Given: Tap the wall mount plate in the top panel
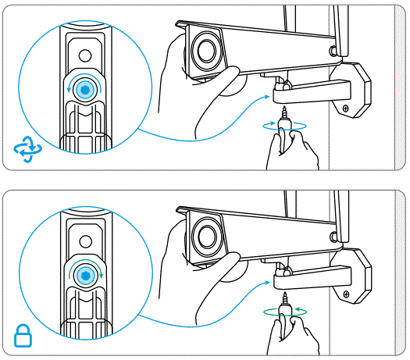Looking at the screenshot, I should [x=355, y=90].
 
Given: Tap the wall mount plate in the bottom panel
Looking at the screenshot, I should [x=355, y=276].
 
